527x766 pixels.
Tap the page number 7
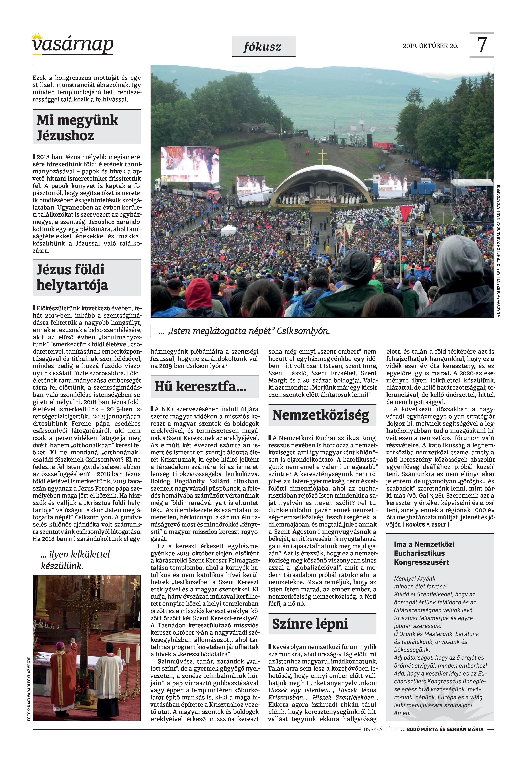coord(482,45)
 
